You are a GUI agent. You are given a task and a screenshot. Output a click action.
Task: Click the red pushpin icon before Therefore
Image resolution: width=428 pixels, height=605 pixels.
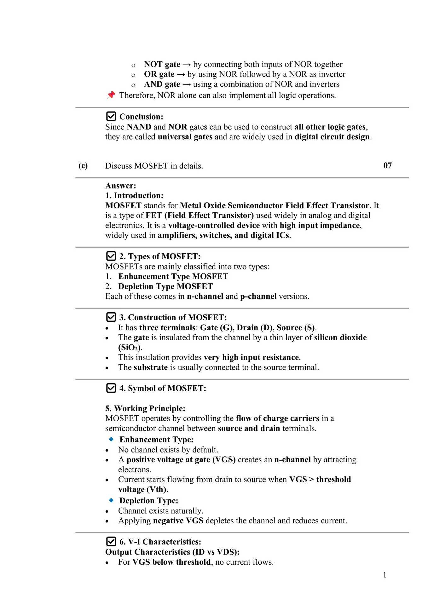tap(111, 95)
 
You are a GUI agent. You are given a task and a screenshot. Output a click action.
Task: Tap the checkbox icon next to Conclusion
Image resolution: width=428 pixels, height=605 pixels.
tap(111, 116)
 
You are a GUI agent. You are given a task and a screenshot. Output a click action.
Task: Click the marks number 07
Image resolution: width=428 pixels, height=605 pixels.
tap(387, 165)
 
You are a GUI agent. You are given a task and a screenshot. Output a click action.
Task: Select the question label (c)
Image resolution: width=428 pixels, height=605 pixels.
tap(83, 166)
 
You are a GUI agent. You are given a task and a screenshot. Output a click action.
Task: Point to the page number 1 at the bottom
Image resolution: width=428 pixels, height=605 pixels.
tap(385, 575)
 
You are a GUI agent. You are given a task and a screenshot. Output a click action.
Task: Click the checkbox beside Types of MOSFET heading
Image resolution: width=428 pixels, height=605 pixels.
tap(111, 256)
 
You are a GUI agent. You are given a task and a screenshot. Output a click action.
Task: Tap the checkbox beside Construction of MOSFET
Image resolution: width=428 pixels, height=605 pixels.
tap(111, 317)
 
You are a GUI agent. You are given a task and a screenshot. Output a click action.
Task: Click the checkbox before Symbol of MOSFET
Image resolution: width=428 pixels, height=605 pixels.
tap(111, 388)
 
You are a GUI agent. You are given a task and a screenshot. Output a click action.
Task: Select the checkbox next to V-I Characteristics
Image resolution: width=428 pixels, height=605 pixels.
tap(111, 541)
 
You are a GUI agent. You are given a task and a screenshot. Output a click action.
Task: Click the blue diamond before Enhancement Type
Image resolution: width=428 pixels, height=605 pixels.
tap(111, 439)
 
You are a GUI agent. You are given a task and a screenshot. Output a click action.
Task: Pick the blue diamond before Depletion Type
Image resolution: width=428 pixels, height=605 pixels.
tap(111, 500)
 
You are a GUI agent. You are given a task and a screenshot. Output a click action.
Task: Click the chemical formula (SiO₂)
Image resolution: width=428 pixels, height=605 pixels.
tap(130, 347)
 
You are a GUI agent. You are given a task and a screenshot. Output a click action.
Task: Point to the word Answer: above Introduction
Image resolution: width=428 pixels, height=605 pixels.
tap(121, 186)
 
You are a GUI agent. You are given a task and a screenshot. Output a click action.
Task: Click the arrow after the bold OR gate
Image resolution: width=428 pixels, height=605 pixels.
tap(181, 74)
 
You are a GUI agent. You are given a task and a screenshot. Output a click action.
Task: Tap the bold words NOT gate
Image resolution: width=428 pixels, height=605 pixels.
tap(162, 64)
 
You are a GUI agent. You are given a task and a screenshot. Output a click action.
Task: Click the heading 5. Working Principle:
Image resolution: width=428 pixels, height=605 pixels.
tap(145, 408)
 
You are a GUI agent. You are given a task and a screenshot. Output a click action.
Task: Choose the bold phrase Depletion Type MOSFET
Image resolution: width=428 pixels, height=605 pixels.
tap(165, 286)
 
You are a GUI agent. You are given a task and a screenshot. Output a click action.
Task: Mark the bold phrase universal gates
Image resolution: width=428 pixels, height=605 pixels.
tap(185, 137)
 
